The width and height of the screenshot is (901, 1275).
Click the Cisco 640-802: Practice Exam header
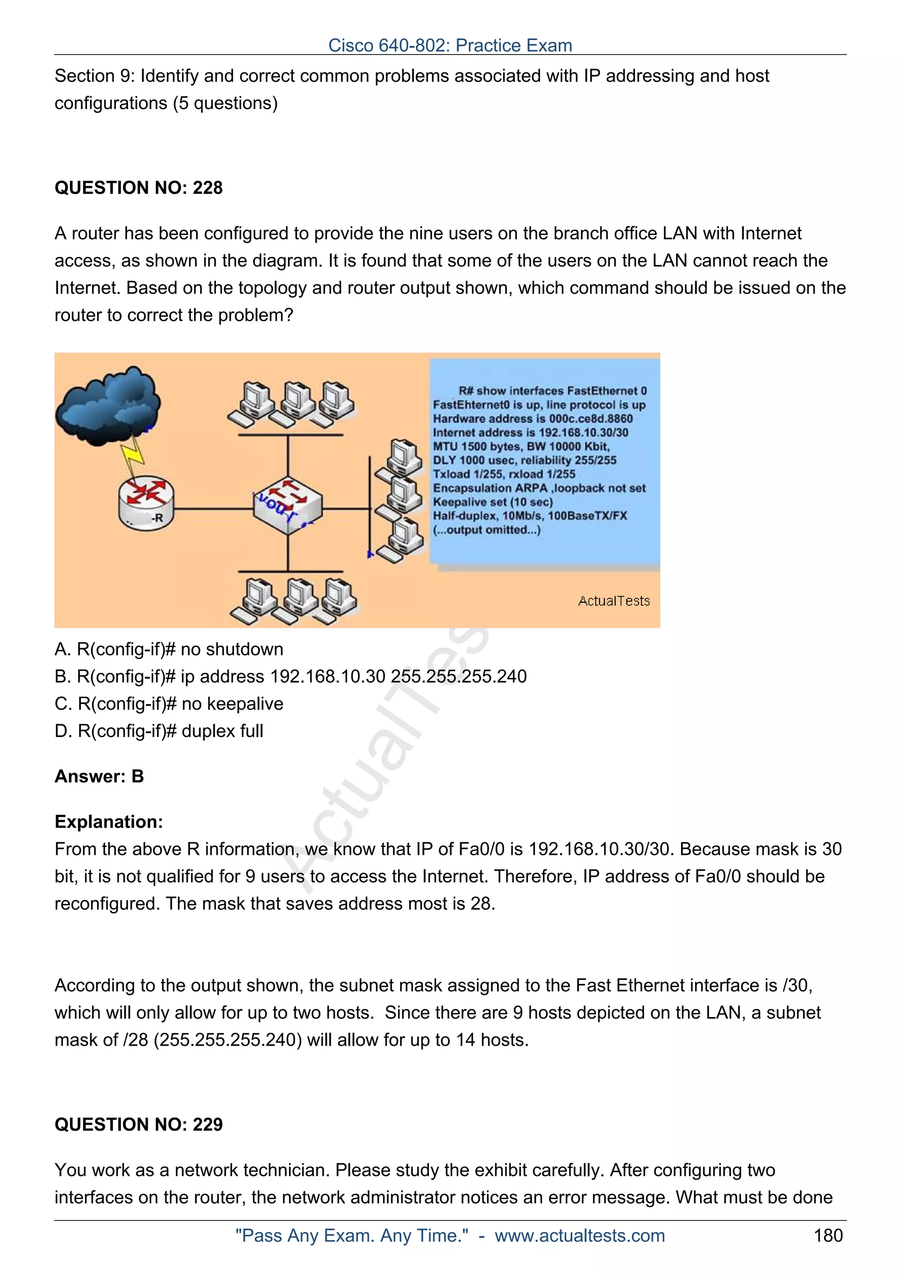(x=450, y=45)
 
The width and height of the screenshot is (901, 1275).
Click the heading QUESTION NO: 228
(x=138, y=188)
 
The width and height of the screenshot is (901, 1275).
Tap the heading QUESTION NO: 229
(x=138, y=1124)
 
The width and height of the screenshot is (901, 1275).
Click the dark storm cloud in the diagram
(x=108, y=405)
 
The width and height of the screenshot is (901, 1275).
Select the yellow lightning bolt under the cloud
(x=134, y=454)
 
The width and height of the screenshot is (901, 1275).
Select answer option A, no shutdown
(x=169, y=649)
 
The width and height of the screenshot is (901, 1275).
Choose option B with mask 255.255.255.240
(x=290, y=676)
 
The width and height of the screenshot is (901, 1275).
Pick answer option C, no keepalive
(x=169, y=703)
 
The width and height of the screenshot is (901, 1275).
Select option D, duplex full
(x=159, y=731)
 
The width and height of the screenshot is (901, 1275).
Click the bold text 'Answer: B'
(x=99, y=777)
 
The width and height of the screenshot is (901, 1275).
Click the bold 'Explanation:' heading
(x=109, y=822)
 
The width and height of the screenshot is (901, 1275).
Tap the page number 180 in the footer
(x=828, y=1235)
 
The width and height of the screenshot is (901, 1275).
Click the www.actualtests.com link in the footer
(x=579, y=1235)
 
